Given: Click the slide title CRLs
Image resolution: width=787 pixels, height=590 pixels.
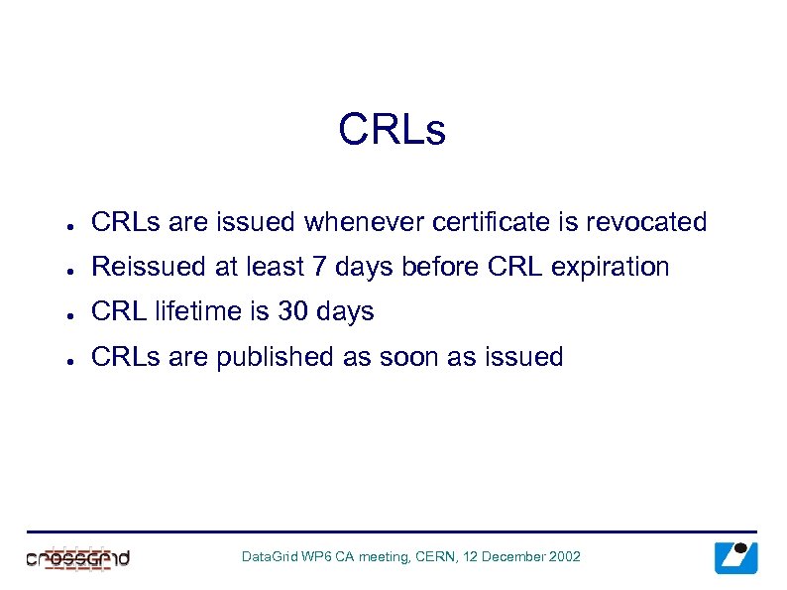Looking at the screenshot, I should (x=393, y=130).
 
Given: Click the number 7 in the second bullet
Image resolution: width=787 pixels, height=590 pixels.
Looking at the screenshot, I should (x=325, y=268).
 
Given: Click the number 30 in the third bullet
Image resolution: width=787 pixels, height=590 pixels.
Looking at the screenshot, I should (x=292, y=312).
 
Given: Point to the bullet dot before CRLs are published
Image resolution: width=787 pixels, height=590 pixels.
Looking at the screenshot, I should (x=61, y=359).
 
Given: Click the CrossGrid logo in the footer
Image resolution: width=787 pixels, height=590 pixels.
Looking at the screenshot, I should (x=78, y=557).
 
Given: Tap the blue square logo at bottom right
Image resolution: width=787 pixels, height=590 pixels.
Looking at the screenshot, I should (x=735, y=557).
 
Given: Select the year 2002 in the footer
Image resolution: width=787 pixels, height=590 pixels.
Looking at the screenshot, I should (x=563, y=557).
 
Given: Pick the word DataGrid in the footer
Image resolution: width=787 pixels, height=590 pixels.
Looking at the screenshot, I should (x=270, y=557).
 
